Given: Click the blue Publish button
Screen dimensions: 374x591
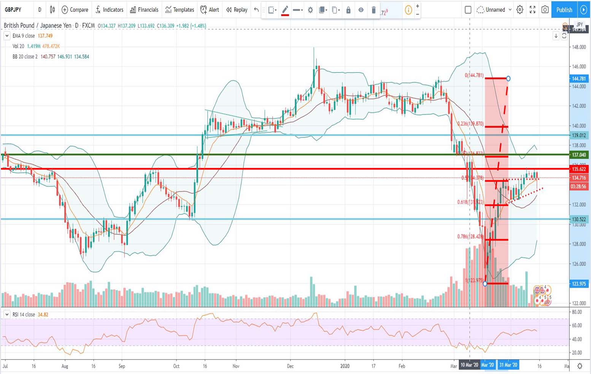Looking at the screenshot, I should pyautogui.click(x=564, y=10).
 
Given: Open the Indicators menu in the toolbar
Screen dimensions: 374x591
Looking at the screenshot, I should pyautogui.click(x=110, y=10).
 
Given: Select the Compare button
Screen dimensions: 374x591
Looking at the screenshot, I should pyautogui.click(x=75, y=10).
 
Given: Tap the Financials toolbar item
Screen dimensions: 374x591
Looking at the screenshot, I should pyautogui.click(x=144, y=10).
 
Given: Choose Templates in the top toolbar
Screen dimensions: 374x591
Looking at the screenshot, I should pyautogui.click(x=180, y=10).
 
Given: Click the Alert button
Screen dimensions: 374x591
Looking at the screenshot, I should pyautogui.click(x=210, y=10).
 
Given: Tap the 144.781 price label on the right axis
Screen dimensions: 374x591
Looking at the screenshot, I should pyautogui.click(x=579, y=79).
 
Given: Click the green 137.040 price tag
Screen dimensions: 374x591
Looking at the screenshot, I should pyautogui.click(x=579, y=155).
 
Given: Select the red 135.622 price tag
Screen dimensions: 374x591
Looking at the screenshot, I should pyautogui.click(x=579, y=169).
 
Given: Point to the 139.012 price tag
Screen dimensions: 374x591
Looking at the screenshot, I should pyautogui.click(x=579, y=135).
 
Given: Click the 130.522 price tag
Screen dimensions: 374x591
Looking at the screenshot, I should pyautogui.click(x=579, y=219).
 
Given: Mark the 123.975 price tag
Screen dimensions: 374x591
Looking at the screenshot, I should pyautogui.click(x=579, y=284).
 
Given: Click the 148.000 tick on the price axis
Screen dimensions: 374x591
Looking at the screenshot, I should pyautogui.click(x=579, y=47).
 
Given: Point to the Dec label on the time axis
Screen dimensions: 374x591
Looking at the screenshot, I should pyautogui.click(x=290, y=366).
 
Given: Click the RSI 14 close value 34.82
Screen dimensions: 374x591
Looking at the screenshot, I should pyautogui.click(x=43, y=315).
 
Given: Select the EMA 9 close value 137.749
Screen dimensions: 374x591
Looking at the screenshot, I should pyautogui.click(x=45, y=36).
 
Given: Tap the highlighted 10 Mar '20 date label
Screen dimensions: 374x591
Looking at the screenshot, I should pyautogui.click(x=469, y=365).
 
